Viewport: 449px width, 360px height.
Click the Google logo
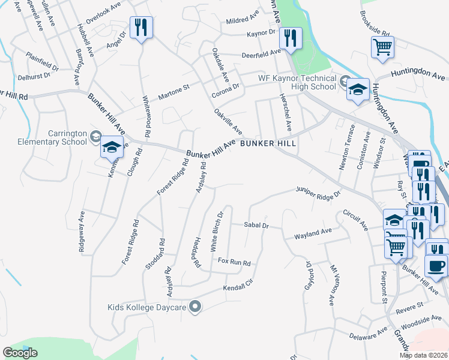point(20,353)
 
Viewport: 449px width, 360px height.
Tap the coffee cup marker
point(436,265)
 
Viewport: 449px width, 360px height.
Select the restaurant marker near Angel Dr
point(141,28)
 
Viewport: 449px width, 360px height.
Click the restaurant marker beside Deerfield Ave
point(291,38)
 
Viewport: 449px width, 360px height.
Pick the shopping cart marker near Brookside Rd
point(382,46)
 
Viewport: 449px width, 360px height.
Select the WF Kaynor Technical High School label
point(297,82)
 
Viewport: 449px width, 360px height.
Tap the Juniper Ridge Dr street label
point(318,192)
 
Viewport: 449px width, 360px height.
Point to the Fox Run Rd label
point(234,262)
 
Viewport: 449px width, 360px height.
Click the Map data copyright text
point(423,355)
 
